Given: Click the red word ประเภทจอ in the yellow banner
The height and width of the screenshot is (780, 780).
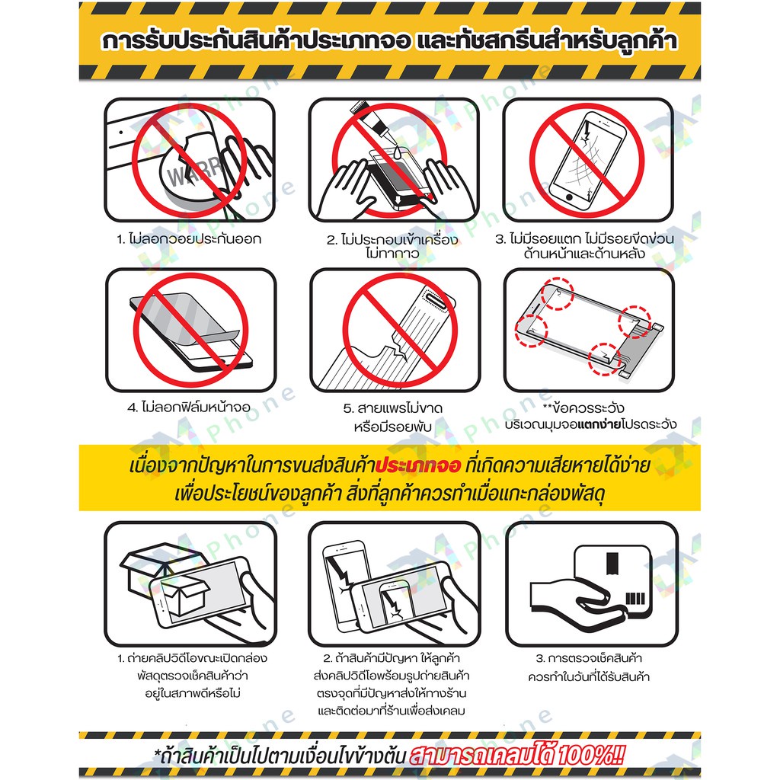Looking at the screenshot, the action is pos(418,465).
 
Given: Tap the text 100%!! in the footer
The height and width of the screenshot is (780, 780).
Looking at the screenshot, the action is pos(591,755).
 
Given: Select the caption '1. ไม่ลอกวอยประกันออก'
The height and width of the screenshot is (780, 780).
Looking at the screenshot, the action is pos(189,239).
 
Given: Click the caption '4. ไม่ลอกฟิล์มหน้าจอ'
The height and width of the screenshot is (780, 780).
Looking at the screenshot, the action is pos(189,408).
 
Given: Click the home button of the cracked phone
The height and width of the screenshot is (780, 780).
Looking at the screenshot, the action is pos(571,197).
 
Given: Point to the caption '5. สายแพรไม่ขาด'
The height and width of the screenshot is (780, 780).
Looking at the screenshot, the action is pos(392,408).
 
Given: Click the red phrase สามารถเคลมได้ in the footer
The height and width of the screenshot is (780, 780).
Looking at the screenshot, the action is pos(481,755).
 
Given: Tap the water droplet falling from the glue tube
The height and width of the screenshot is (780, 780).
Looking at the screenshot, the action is pos(397,153).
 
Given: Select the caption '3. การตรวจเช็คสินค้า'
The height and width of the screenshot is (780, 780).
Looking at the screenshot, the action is pos(589,658).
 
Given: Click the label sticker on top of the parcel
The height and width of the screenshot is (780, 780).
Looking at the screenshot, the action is pos(612,563).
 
